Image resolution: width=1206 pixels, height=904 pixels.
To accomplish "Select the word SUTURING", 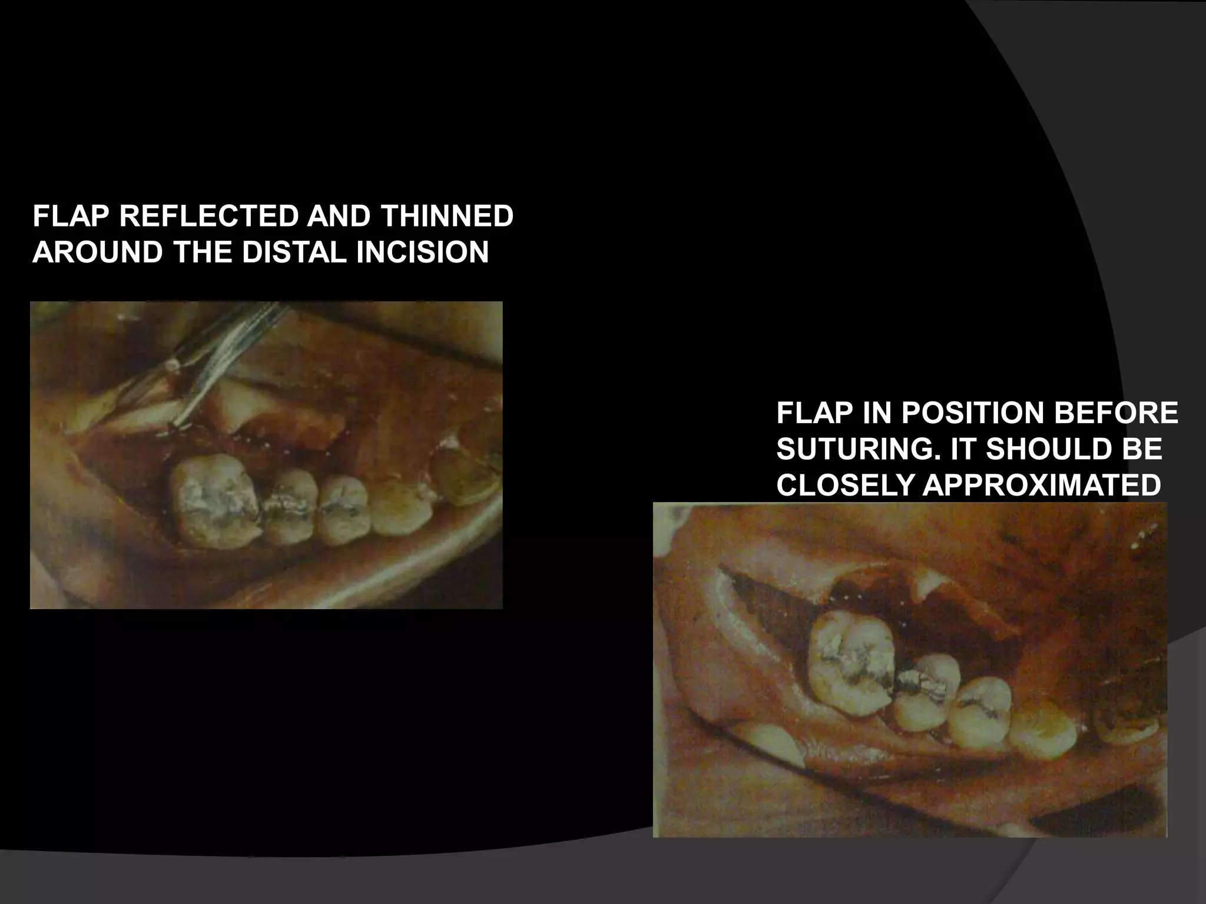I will (x=852, y=450).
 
